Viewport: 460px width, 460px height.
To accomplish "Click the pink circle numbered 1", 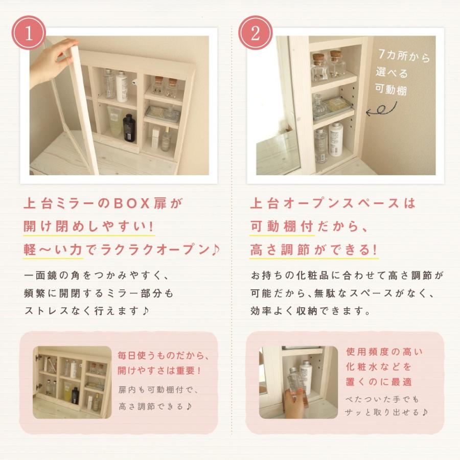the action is click(29, 33).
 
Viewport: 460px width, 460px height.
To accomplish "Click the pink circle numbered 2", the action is click(255, 33).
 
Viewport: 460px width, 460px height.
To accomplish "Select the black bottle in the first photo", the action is click(129, 128).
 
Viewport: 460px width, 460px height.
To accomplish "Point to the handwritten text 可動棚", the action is click(391, 89).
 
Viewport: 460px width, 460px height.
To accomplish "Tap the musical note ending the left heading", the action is click(216, 249).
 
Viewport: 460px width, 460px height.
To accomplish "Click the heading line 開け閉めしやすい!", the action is click(88, 226).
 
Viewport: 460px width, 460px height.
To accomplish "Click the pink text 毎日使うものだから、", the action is click(164, 356).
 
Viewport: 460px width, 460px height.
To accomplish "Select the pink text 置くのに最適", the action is click(379, 382).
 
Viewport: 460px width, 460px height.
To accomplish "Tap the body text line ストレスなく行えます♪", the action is click(87, 311).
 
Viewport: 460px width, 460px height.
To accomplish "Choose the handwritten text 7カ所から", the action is click(404, 56).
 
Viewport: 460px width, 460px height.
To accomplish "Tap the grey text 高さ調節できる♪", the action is click(155, 406).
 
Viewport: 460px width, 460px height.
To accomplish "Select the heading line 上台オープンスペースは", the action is click(333, 203).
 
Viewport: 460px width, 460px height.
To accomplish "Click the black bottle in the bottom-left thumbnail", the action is click(75, 396).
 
